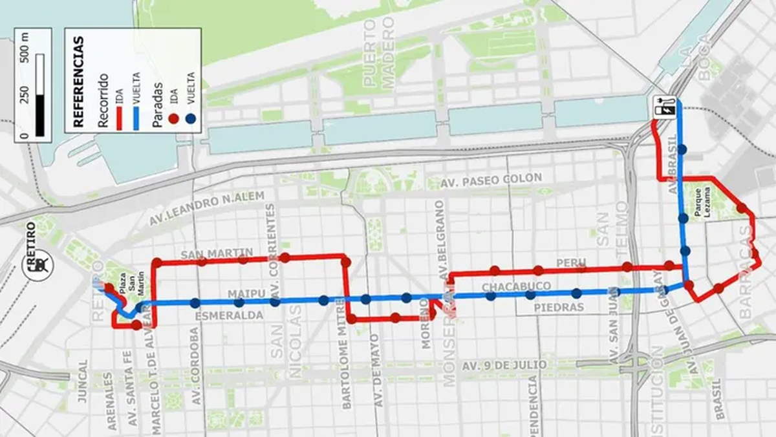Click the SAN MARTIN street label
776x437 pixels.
207,253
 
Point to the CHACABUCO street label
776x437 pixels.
516,286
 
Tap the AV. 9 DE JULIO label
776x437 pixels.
504,366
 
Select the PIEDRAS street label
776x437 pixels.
559,308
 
